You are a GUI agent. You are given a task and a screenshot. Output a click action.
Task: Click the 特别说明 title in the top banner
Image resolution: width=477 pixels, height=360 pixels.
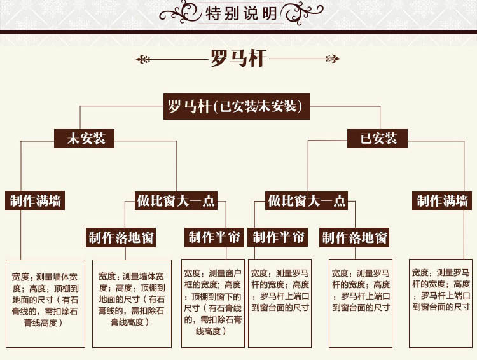pyautogui.click(x=238, y=13)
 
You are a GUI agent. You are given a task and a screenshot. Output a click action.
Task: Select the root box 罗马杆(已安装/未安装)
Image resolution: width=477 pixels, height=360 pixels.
pyautogui.click(x=237, y=106)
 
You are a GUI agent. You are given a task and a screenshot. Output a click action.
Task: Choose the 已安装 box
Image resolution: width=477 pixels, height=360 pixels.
pyautogui.click(x=379, y=138)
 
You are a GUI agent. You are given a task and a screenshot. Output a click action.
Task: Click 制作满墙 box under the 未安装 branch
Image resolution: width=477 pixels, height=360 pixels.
pyautogui.click(x=36, y=201)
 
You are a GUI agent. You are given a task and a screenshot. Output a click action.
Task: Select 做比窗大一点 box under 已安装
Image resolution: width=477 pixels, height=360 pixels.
pyautogui.click(x=307, y=201)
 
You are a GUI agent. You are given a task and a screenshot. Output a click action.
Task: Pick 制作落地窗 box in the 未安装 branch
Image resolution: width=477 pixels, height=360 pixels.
pyautogui.click(x=121, y=238)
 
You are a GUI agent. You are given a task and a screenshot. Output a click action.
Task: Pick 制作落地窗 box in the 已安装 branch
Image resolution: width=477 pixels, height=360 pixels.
pyautogui.click(x=355, y=238)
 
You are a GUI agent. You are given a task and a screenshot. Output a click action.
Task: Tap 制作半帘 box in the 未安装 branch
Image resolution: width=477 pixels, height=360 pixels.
pyautogui.click(x=214, y=237)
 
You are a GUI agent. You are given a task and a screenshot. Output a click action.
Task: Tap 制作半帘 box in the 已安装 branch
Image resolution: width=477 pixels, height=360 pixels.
pyautogui.click(x=279, y=237)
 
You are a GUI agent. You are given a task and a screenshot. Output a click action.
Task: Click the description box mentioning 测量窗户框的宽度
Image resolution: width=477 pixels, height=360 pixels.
pyautogui.click(x=213, y=303)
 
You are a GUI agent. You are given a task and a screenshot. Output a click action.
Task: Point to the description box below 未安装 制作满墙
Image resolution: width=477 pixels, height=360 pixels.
pyautogui.click(x=45, y=303)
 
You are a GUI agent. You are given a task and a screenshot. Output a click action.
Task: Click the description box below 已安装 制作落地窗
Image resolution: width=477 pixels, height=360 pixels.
pyautogui.click(x=361, y=303)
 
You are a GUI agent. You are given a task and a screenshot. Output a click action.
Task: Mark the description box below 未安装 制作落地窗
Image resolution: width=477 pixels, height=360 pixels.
pyautogui.click(x=132, y=303)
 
